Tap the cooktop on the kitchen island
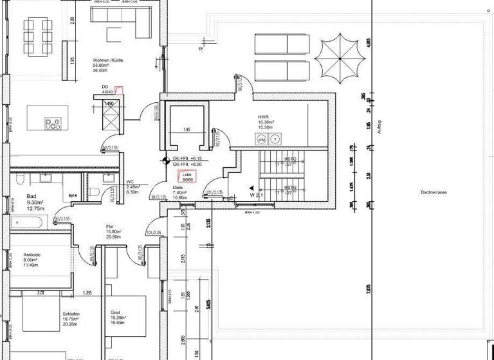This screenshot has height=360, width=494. coord(52,123)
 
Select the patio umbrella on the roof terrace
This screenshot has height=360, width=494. coord(342,55)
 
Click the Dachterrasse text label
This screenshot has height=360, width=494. coord(434,192)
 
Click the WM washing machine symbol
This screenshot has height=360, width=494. coord(262,139)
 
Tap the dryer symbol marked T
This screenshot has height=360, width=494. coord(275,139)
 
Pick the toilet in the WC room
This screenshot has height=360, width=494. coord(95,191)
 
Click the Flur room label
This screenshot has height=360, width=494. coord(111,227)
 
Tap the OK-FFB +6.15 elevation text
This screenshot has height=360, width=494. coord(187,158)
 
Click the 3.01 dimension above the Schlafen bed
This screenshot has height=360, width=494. coord(40,292)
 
